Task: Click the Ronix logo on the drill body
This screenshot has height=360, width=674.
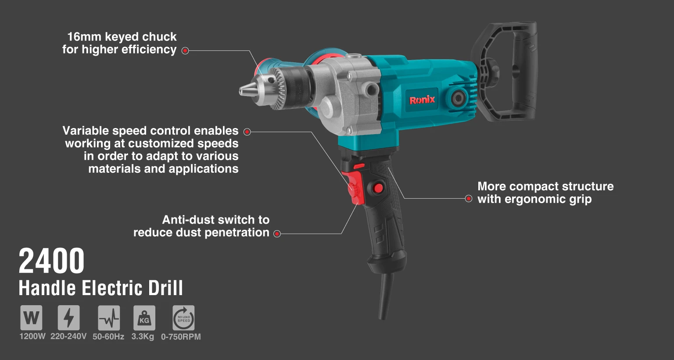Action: click(x=422, y=100)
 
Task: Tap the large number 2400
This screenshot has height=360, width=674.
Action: click(x=51, y=260)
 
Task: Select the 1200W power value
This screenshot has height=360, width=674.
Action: click(x=32, y=336)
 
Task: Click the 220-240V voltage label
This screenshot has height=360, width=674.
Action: click(x=68, y=336)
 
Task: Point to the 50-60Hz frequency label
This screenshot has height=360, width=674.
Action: click(x=108, y=337)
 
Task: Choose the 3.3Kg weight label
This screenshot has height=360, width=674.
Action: click(x=143, y=337)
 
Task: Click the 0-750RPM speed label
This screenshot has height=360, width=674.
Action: click(x=181, y=337)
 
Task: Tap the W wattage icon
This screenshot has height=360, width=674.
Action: click(x=31, y=318)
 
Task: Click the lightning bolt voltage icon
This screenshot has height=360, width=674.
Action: click(x=68, y=318)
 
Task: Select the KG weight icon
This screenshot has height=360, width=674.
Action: click(x=144, y=318)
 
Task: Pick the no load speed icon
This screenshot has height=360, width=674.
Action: click(x=183, y=318)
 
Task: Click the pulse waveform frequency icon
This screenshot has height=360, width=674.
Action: click(x=109, y=318)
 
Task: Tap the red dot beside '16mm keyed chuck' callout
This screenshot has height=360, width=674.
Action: click(x=185, y=50)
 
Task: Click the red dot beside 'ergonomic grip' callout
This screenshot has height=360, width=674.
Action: click(x=469, y=199)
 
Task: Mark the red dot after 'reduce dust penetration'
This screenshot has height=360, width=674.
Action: click(x=277, y=234)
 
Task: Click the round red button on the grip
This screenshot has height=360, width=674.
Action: click(x=379, y=188)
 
